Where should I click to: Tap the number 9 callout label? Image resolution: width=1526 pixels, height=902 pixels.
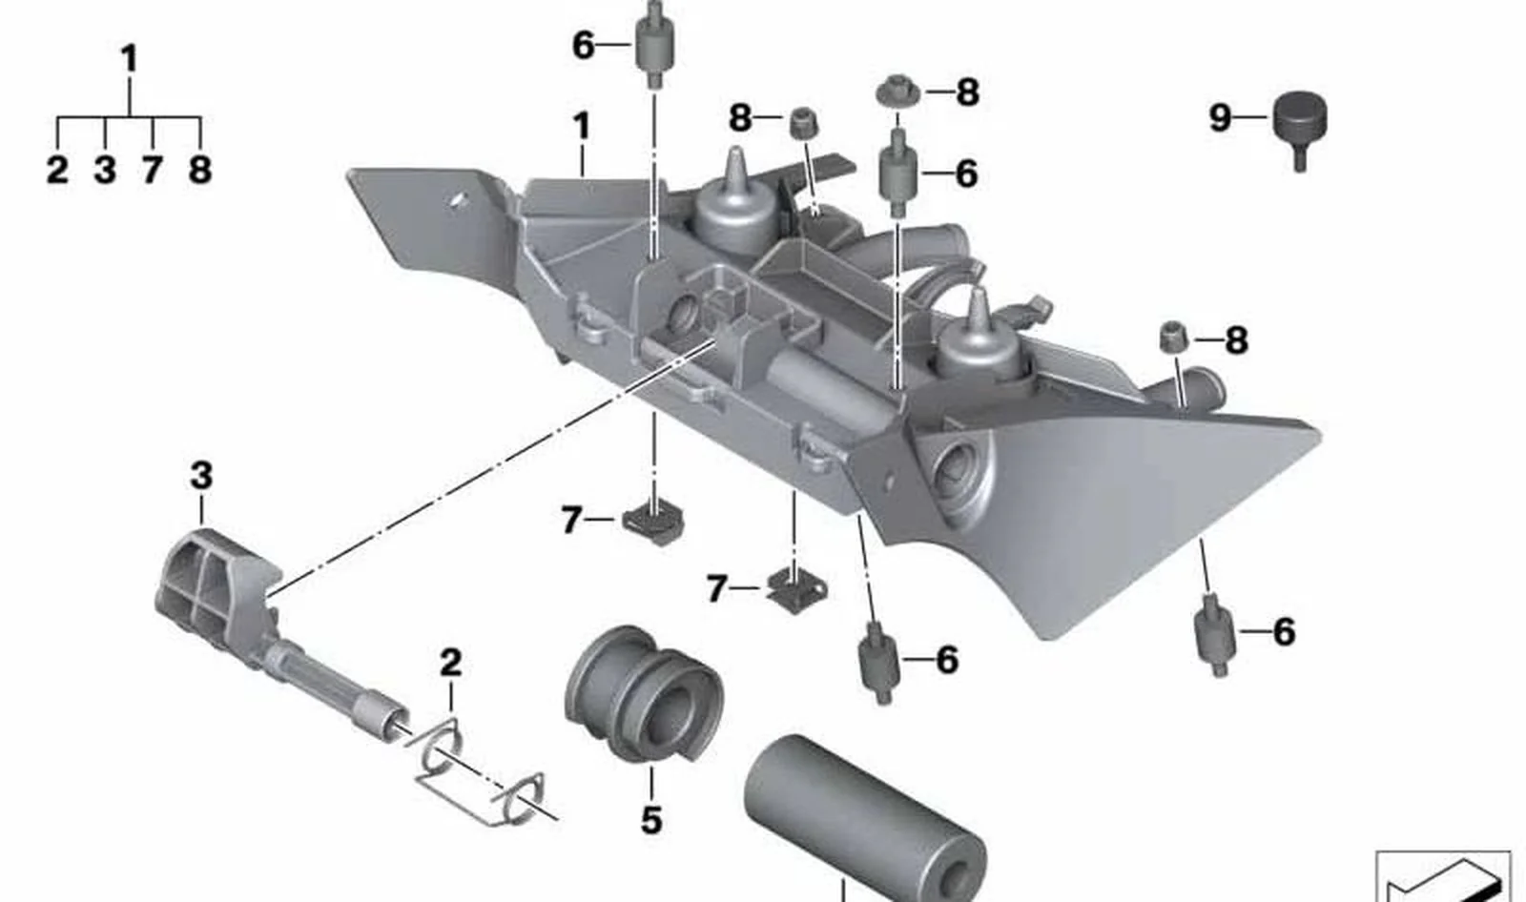[1220, 118]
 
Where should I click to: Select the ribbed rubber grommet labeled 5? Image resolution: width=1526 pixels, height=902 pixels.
[644, 695]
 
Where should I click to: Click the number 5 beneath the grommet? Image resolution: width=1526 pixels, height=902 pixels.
[651, 820]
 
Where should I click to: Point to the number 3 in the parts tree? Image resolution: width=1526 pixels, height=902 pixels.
[104, 170]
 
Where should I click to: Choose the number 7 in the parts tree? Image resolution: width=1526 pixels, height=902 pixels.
[152, 170]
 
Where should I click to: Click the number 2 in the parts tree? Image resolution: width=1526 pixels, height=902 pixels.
[57, 170]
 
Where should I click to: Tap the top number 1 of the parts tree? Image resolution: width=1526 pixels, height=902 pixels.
[130, 58]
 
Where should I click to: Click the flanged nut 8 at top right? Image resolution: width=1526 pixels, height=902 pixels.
[897, 92]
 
